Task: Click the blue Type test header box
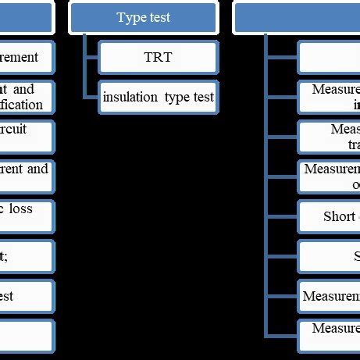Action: pyautogui.click(x=143, y=17)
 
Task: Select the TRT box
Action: pyautogui.click(x=158, y=57)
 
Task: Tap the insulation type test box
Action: pyautogui.click(x=158, y=97)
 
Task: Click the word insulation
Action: pyautogui.click(x=130, y=97)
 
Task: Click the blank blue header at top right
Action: pyautogui.click(x=297, y=17)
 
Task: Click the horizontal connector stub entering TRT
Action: pyautogui.click(x=91, y=57)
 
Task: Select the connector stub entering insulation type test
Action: pyautogui.click(x=91, y=97)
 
